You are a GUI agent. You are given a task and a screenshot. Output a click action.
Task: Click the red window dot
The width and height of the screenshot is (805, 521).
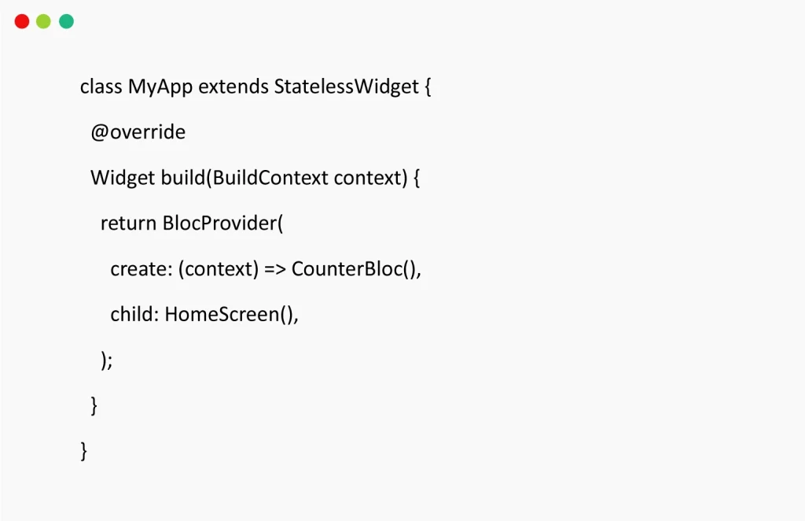[x=22, y=21]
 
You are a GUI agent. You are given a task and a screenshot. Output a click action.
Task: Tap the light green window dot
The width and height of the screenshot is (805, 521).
[x=44, y=21]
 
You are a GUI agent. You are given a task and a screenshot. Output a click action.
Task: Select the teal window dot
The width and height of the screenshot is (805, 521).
[x=66, y=21]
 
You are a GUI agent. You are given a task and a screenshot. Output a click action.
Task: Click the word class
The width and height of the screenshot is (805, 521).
[x=101, y=87]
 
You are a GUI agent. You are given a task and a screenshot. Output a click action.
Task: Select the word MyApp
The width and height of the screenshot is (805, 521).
[x=160, y=87]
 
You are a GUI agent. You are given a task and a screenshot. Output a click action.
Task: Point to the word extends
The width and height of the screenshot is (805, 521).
[x=233, y=87]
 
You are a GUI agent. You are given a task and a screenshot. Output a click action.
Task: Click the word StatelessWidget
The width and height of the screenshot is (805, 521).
[x=347, y=87]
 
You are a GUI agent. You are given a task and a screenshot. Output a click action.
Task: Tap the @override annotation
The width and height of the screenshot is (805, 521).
[x=138, y=132]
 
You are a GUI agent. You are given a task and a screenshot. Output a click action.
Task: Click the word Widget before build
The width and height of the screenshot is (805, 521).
[x=123, y=178]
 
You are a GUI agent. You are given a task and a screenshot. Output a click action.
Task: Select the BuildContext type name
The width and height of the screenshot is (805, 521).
[x=270, y=178]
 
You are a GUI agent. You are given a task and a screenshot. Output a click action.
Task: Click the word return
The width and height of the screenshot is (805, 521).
[x=128, y=224]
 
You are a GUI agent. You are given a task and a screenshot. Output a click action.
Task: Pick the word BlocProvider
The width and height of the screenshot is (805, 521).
[x=220, y=224]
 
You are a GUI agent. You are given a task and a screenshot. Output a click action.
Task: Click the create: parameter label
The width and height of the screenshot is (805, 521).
[x=142, y=268]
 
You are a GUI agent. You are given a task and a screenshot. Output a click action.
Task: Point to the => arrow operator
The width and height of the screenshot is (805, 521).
[x=275, y=269]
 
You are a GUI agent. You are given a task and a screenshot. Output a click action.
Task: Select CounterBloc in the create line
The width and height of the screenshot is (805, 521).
[x=347, y=268]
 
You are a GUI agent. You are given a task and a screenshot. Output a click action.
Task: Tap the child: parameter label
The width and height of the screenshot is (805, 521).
[x=134, y=314]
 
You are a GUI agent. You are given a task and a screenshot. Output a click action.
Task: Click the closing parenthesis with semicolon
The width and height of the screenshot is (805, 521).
[x=107, y=360]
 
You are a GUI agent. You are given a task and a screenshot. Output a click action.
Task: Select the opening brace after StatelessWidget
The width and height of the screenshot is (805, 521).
[x=428, y=87]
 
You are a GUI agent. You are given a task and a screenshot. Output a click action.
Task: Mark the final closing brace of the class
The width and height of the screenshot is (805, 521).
[x=83, y=451]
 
